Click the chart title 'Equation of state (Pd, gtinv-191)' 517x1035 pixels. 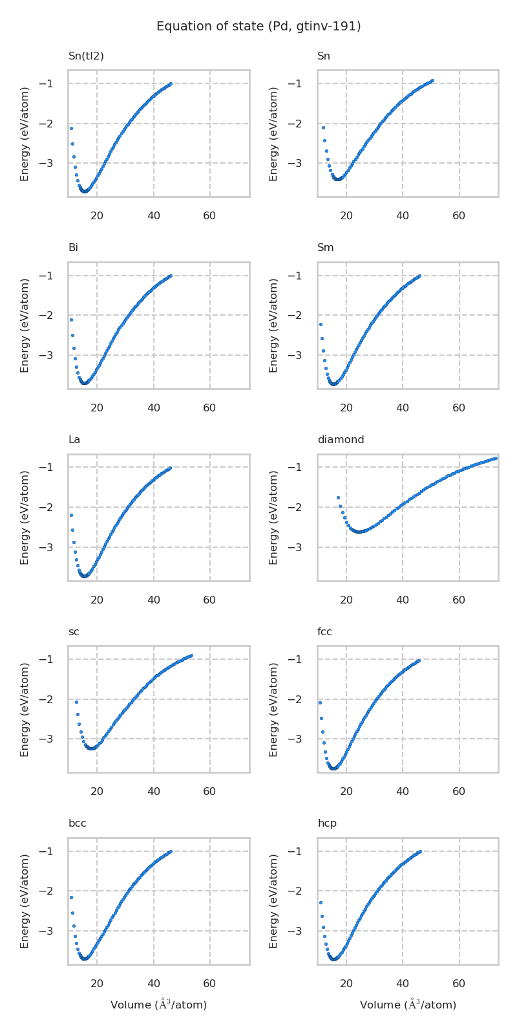pyautogui.click(x=258, y=27)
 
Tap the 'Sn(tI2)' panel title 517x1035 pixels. pyautogui.click(x=86, y=56)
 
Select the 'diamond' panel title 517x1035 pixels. pyautogui.click(x=341, y=440)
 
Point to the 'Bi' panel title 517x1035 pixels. pyautogui.click(x=73, y=248)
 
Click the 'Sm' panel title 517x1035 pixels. pyautogui.click(x=326, y=248)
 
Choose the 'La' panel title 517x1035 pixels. pyautogui.click(x=74, y=440)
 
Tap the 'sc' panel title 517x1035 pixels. pyautogui.click(x=74, y=632)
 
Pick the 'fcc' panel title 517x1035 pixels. pyautogui.click(x=324, y=632)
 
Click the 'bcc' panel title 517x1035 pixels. pyautogui.click(x=77, y=823)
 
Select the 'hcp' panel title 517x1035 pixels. pyautogui.click(x=327, y=823)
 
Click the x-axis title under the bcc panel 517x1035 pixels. pyautogui.click(x=158, y=1005)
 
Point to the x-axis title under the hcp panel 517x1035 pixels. pyautogui.click(x=408, y=1005)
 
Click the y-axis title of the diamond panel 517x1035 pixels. pyautogui.click(x=274, y=517)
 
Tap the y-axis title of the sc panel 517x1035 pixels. pyautogui.click(x=25, y=709)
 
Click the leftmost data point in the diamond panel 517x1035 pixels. pyautogui.click(x=338, y=497)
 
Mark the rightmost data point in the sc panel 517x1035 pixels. pyautogui.click(x=191, y=655)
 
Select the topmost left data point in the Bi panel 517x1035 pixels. pyautogui.click(x=71, y=320)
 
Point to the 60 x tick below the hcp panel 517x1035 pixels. pyautogui.click(x=459, y=984)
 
